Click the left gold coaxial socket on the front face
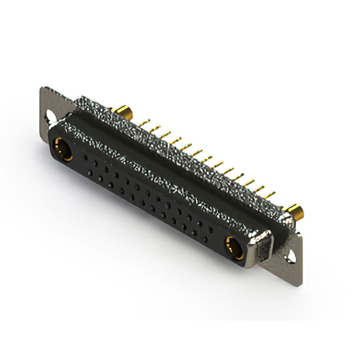click(61, 150)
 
